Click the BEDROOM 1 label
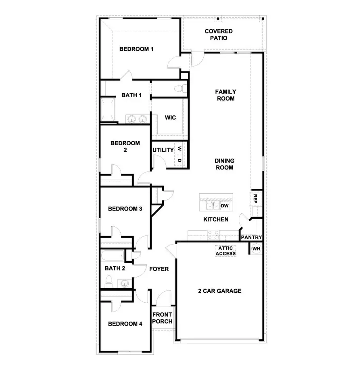136,49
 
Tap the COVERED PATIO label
218,35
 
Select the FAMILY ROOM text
225,95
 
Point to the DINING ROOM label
225,164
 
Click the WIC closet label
170,118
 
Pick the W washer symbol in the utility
180,148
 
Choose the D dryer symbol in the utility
180,160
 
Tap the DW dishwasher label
225,206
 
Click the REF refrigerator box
255,198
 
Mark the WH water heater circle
256,249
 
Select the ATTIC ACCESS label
225,251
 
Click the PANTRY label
252,238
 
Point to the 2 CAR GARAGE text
219,291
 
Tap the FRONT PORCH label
162,318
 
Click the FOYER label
159,269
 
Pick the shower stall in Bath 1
108,110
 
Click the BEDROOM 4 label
125,324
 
